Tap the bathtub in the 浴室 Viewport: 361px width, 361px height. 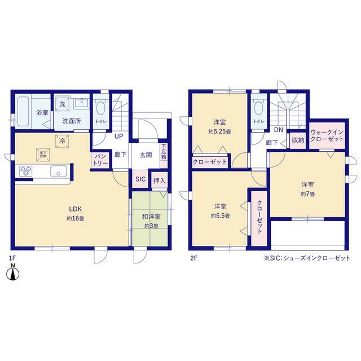[x=23, y=112]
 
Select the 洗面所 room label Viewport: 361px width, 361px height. [x=72, y=121]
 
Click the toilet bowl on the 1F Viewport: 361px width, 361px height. [x=100, y=108]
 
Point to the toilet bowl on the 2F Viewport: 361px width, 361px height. [x=259, y=108]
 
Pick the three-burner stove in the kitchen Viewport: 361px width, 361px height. [x=25, y=171]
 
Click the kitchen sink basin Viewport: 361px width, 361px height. [x=59, y=171]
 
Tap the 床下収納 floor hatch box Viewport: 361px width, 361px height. [x=43, y=155]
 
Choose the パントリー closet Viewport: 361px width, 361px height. [x=100, y=160]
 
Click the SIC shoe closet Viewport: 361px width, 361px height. [x=140, y=179]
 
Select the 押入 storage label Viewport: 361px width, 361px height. [x=159, y=180]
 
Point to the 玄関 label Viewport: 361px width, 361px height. [x=146, y=155]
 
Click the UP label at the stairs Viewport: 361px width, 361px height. [x=118, y=137]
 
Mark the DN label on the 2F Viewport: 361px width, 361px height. [x=278, y=130]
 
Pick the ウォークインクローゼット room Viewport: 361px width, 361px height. [x=327, y=135]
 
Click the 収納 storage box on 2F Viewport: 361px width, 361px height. [x=298, y=140]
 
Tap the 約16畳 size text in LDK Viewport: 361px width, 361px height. [x=76, y=218]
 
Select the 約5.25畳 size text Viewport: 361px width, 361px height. [x=219, y=131]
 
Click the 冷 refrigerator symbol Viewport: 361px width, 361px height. [x=62, y=141]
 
